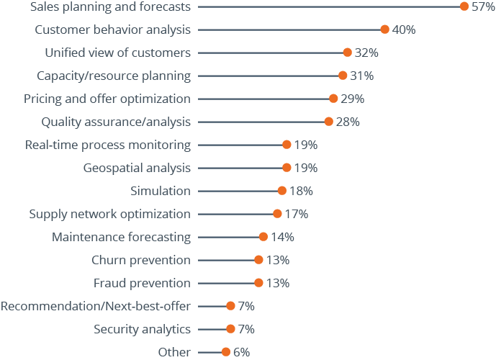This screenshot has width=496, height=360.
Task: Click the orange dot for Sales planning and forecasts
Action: tap(464, 6)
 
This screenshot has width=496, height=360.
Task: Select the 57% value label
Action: tap(483, 6)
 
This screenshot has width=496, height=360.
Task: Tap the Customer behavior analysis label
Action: tap(113, 30)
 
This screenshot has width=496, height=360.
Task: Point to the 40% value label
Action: tap(403, 30)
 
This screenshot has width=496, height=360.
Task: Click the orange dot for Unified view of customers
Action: tap(347, 53)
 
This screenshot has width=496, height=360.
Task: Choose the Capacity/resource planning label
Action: tap(114, 76)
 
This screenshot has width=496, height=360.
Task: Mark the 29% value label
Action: tap(352, 99)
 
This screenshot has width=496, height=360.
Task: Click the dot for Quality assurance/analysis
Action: tap(328, 122)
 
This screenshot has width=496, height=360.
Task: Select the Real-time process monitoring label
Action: tap(108, 145)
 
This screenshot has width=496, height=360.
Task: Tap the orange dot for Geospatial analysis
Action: tap(287, 168)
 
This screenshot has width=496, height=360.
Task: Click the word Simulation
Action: tap(161, 191)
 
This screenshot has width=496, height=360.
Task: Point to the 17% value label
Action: tap(296, 214)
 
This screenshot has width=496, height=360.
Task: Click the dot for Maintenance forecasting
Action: tap(263, 237)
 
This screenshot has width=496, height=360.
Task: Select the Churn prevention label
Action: tap(141, 260)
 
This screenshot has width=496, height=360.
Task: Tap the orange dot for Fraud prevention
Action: tap(258, 283)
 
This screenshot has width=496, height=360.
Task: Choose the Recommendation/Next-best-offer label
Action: tap(96, 306)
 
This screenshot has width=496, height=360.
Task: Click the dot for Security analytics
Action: tap(230, 329)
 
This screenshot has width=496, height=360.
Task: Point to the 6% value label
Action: tap(241, 352)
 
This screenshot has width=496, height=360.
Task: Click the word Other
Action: tap(174, 352)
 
